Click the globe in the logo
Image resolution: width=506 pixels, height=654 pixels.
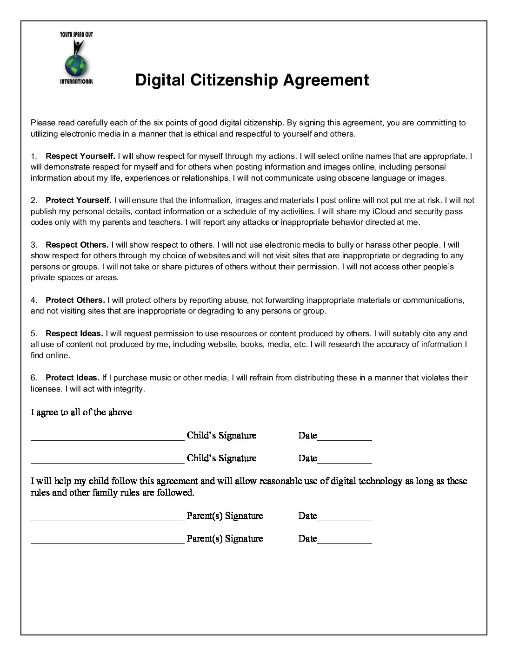[76, 66]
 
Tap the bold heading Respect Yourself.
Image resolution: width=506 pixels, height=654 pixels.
[80, 156]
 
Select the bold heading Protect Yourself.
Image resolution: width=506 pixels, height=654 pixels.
[78, 200]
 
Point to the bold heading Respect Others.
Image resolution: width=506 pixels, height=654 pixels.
[77, 245]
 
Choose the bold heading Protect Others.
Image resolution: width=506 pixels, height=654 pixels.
[75, 300]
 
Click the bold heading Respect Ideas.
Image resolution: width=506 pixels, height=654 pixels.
[74, 334]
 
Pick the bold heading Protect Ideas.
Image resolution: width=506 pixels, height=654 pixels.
[72, 378]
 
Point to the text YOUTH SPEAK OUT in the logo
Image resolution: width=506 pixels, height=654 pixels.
[76, 35]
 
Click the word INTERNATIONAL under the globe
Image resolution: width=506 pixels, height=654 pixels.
[76, 82]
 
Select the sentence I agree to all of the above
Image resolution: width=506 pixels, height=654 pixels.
[81, 412]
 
